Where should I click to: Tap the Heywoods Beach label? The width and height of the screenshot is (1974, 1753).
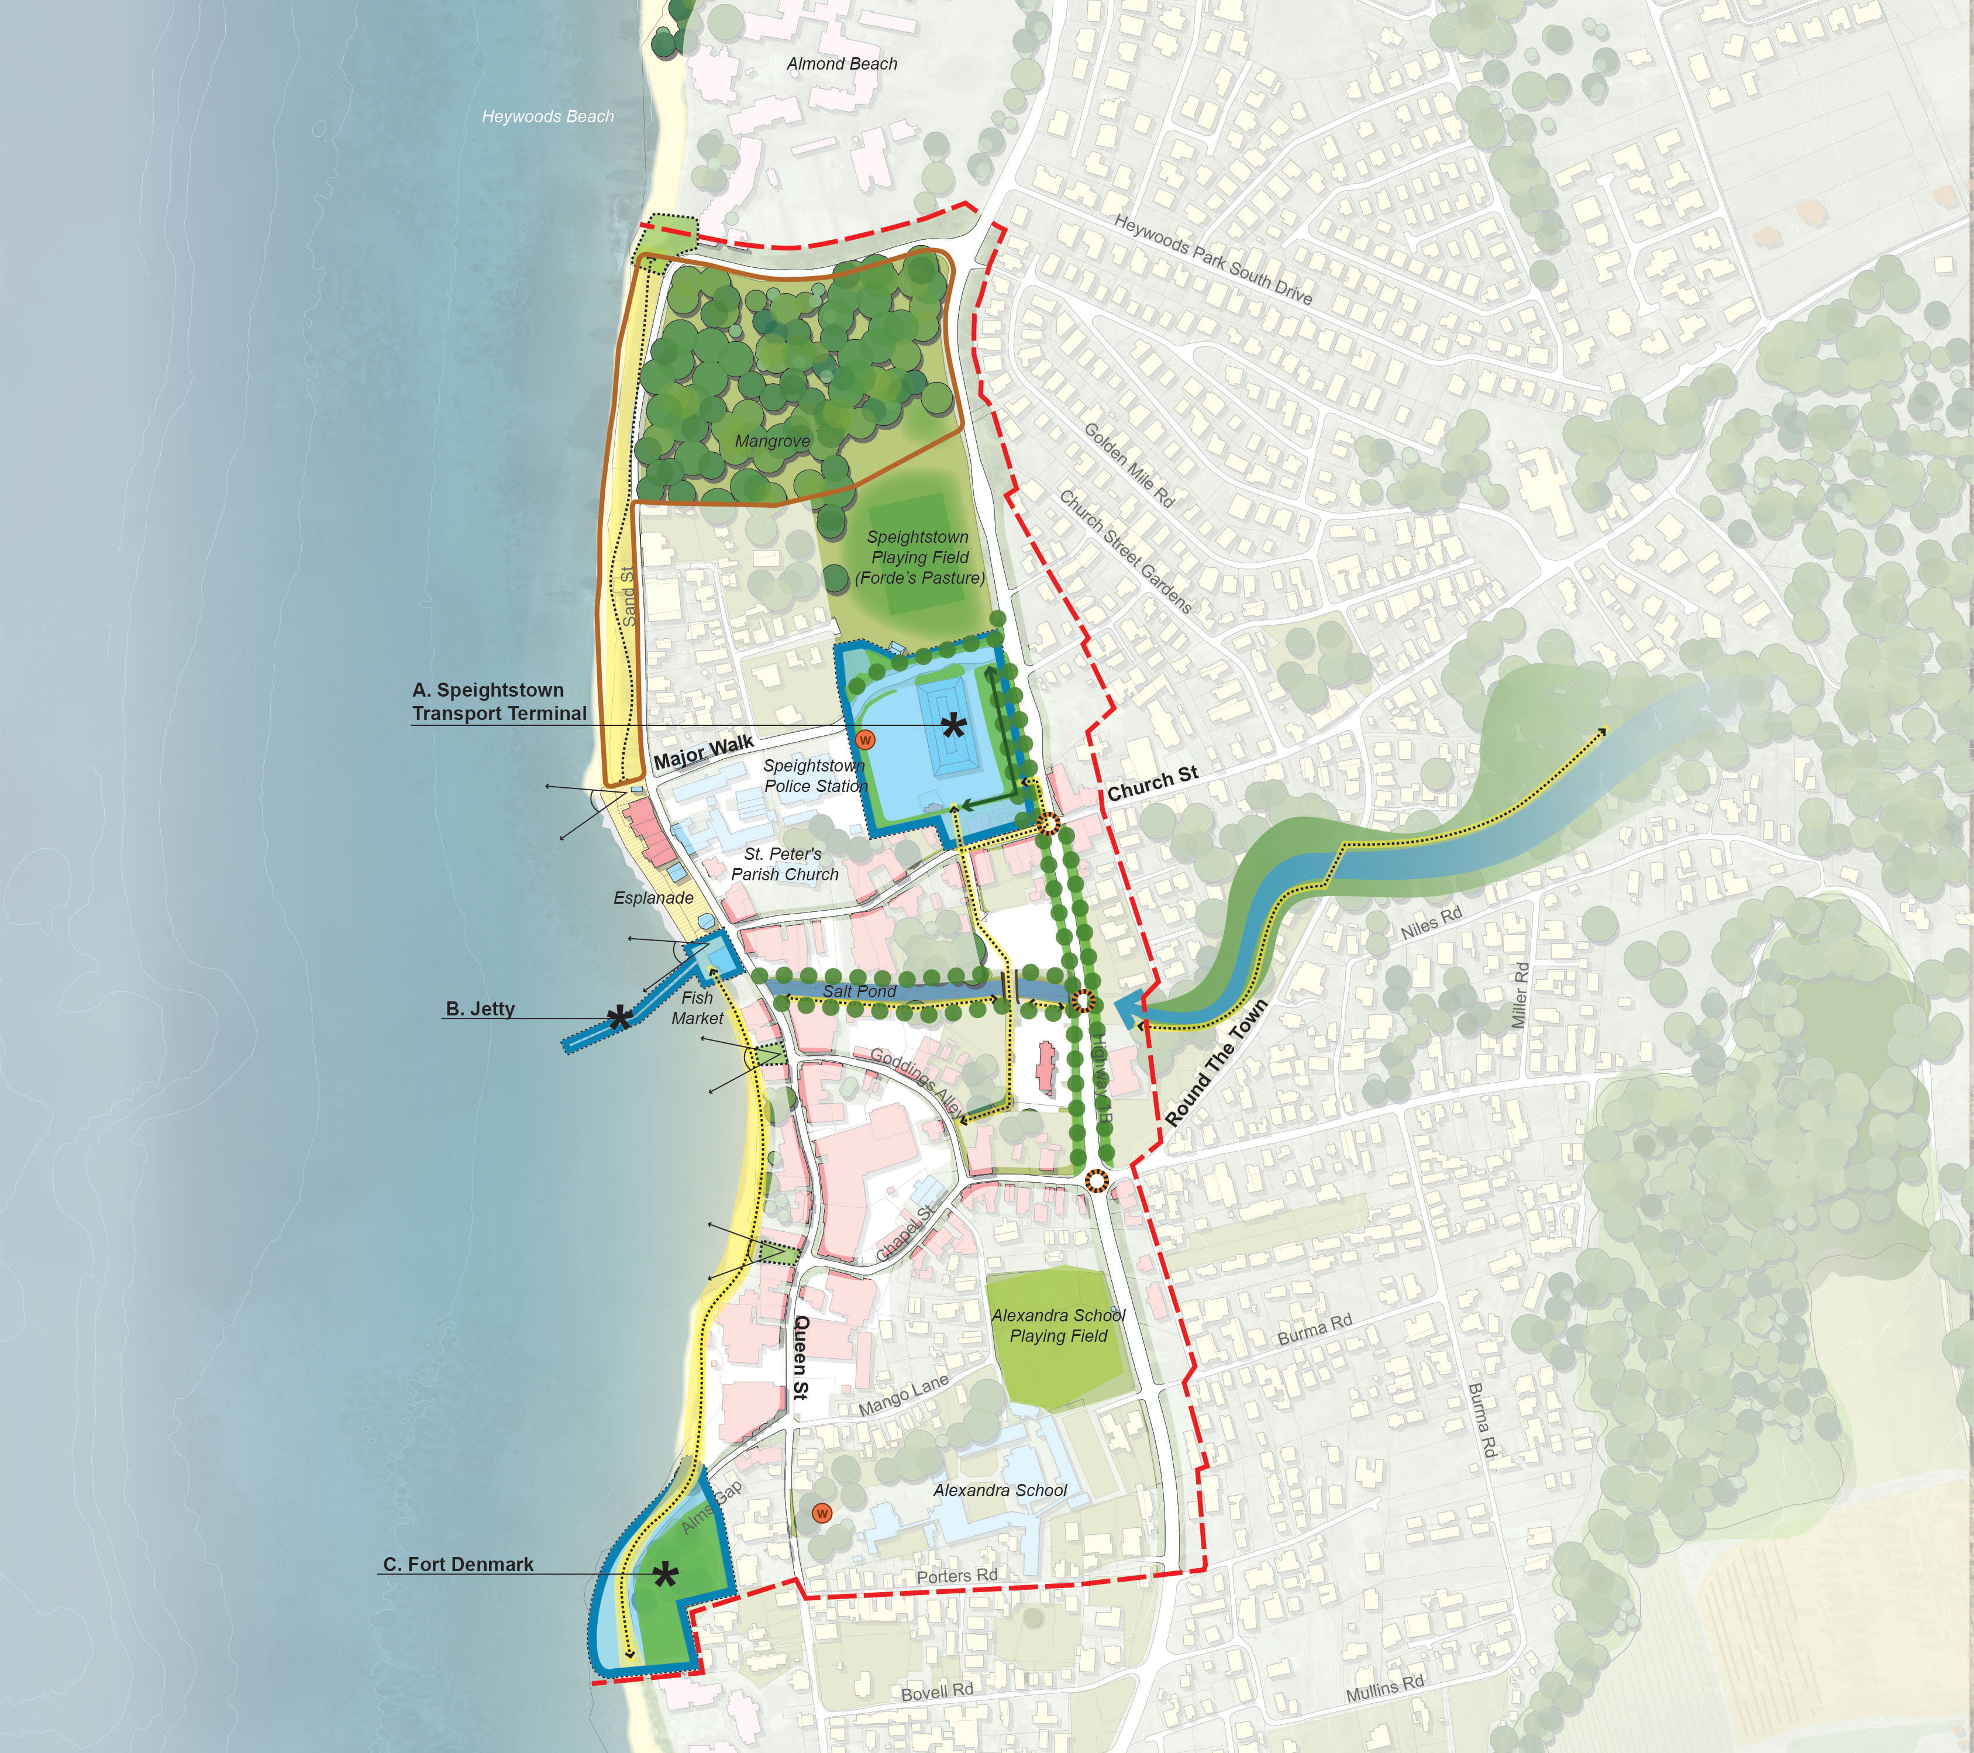[547, 117]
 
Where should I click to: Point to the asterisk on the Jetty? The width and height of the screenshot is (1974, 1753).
[619, 1017]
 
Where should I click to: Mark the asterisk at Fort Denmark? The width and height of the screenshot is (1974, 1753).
[664, 1575]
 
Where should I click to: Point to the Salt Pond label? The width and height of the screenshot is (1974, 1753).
[860, 991]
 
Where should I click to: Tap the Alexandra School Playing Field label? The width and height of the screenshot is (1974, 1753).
[1059, 1325]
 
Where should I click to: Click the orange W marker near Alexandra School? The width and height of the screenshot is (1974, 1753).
[822, 1513]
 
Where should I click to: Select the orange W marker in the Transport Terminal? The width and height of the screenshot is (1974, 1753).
[865, 740]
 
